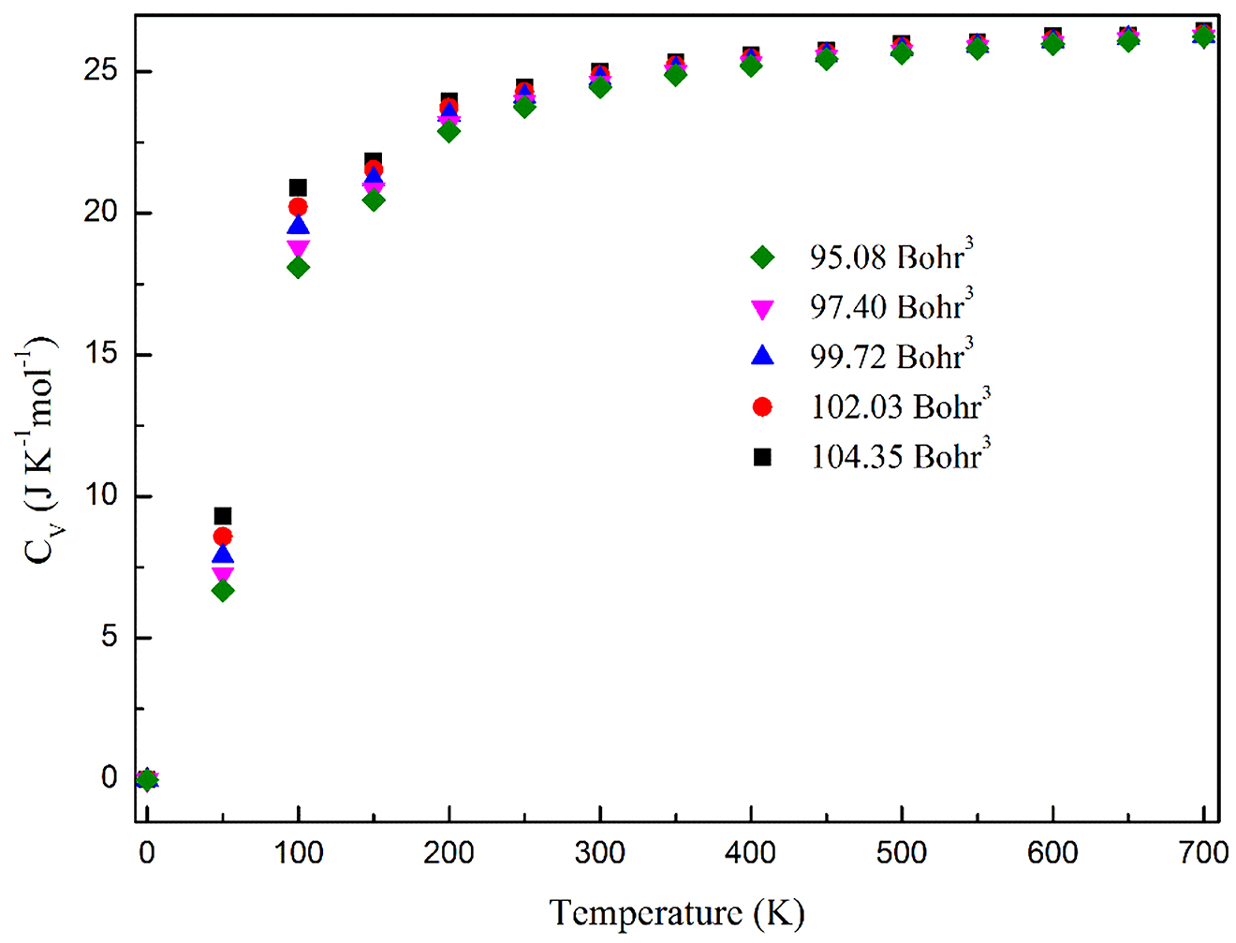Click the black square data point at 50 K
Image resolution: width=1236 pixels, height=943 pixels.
223,516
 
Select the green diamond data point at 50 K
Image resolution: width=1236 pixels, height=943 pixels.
223,591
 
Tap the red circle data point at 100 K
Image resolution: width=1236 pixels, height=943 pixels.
298,207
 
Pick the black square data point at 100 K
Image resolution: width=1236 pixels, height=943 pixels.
298,187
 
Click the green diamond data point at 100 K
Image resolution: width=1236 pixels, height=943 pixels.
298,268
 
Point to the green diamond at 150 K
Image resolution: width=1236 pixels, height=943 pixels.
374,199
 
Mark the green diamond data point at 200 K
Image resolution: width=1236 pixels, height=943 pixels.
449,131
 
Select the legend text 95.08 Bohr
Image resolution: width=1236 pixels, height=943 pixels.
890,257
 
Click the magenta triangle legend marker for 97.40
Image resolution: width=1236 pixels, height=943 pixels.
762,308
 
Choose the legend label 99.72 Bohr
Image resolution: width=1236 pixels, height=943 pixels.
890,357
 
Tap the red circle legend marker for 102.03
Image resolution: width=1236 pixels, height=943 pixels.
762,406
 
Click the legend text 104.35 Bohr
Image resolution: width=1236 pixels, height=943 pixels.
899,456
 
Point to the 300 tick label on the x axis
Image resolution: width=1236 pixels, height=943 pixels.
600,853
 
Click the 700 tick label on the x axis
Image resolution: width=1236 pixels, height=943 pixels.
1203,853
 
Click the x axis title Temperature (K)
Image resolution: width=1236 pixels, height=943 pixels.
676,912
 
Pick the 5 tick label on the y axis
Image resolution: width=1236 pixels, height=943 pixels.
110,638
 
